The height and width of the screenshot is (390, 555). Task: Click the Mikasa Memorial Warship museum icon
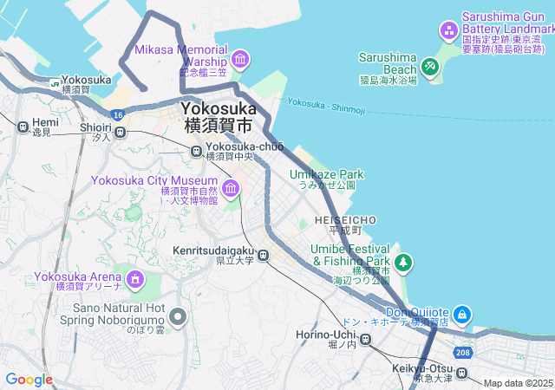240,60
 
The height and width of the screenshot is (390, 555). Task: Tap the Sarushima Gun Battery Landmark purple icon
449,33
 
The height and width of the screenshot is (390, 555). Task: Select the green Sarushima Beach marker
430,66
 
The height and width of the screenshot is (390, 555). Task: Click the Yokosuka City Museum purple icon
230,188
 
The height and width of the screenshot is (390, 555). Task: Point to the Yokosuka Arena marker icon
135,279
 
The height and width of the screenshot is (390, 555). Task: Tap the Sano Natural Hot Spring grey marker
179,317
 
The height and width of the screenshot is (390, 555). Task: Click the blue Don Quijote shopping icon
462,314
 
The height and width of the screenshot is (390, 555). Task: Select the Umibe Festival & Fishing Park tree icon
402,262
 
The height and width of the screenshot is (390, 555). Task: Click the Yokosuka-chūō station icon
198,151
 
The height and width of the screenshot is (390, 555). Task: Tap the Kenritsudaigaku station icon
264,255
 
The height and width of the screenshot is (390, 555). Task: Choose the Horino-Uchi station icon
366,341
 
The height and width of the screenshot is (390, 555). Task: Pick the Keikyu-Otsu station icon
463,374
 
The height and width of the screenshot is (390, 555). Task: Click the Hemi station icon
22,127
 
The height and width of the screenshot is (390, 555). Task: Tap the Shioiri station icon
121,133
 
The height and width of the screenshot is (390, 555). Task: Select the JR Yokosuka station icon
55,84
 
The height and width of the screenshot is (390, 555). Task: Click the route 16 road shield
117,114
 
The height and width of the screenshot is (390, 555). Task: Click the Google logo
29,380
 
